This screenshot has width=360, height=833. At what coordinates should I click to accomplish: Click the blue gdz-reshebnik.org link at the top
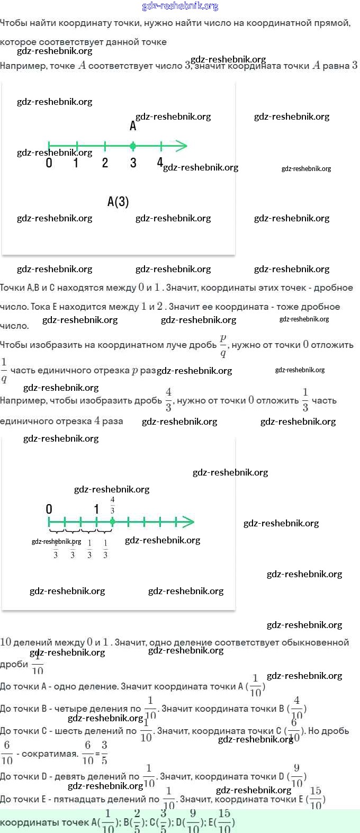pyautogui.click(x=180, y=6)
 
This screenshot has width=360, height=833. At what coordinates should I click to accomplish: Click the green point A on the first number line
pyautogui.click(x=133, y=146)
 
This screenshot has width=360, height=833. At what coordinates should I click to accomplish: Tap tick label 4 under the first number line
pyautogui.click(x=160, y=163)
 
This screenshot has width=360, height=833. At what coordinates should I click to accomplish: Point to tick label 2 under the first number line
pyautogui.click(x=105, y=163)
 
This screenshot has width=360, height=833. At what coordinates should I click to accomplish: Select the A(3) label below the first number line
pyautogui.click(x=118, y=202)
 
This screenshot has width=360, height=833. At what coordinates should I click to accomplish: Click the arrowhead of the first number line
pyautogui.click(x=182, y=146)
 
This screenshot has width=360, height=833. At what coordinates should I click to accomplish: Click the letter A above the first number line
pyautogui.click(x=133, y=126)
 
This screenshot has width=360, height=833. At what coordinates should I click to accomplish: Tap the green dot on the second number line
pyautogui.click(x=112, y=522)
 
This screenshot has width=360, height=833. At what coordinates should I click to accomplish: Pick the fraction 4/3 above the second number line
pyautogui.click(x=112, y=505)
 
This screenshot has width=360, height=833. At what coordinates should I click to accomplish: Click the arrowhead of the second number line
pyautogui.click(x=189, y=522)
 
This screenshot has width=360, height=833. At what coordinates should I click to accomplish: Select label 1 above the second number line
pyautogui.click(x=96, y=509)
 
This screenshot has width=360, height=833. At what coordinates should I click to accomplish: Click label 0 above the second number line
pyautogui.click(x=49, y=509)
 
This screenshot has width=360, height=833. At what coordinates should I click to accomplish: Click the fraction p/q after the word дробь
pyautogui.click(x=223, y=345)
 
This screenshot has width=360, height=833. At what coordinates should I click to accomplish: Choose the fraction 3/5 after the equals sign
pyautogui.click(x=104, y=753)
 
